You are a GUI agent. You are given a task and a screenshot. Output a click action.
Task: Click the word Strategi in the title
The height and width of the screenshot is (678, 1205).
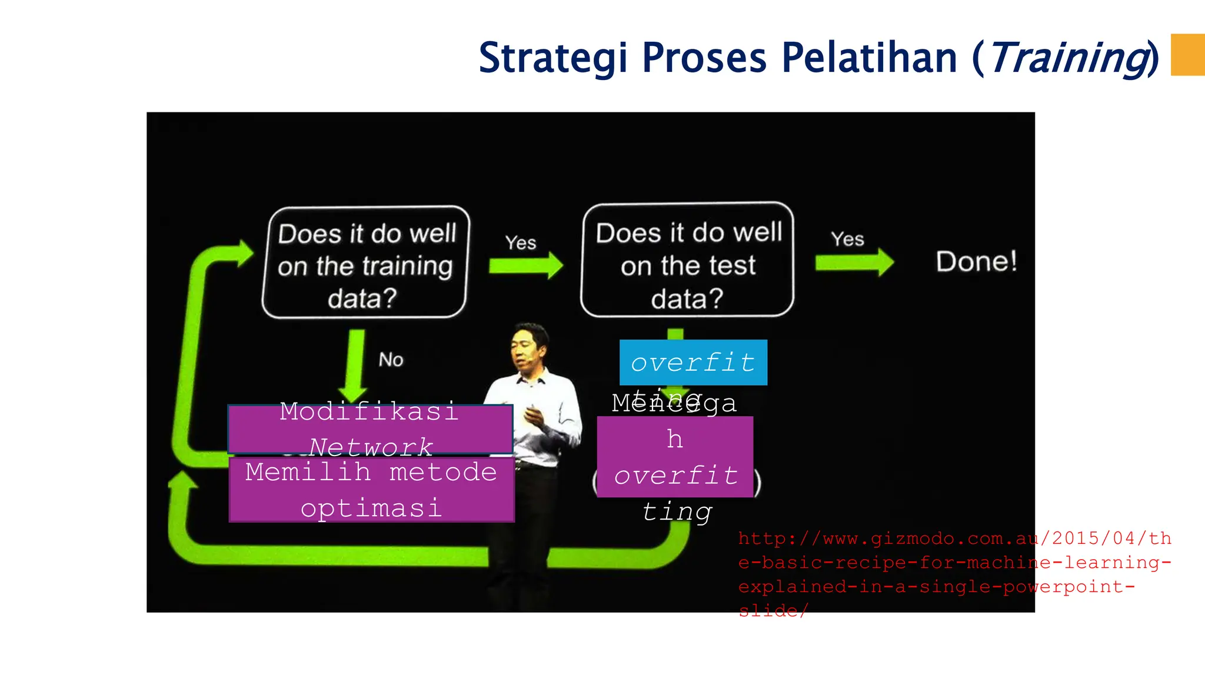(552, 58)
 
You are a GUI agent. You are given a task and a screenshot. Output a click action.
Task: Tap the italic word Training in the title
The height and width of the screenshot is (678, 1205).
(1067, 58)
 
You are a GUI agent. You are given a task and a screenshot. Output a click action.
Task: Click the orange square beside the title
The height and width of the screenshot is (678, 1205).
(1187, 55)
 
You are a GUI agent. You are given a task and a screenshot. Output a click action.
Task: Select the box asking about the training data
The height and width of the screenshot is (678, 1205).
(365, 262)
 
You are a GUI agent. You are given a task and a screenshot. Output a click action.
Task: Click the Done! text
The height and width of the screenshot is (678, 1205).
(976, 261)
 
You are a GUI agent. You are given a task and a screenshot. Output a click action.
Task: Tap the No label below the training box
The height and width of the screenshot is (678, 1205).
(391, 360)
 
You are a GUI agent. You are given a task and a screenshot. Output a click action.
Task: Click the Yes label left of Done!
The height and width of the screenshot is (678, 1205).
(847, 239)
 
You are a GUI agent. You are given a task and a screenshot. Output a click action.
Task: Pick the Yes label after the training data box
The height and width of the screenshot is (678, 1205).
(521, 242)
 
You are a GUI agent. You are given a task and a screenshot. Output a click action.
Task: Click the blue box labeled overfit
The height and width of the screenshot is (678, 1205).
(693, 363)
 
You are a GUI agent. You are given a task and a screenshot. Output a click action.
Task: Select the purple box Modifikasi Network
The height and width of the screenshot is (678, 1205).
(370, 429)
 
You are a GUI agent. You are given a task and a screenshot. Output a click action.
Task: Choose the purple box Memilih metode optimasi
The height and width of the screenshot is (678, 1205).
(371, 490)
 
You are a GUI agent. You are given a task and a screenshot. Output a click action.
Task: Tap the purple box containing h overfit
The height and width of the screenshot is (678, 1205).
(675, 457)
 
